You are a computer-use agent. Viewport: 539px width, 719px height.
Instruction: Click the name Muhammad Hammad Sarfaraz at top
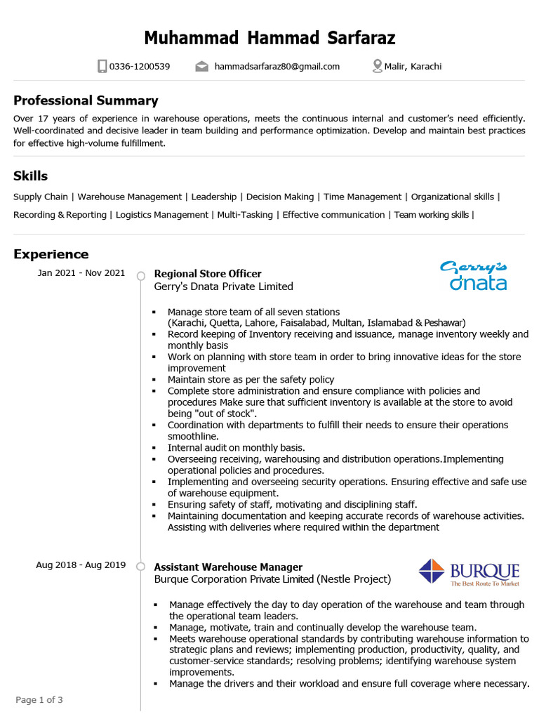269,38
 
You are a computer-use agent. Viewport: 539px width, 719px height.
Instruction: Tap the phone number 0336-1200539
140,67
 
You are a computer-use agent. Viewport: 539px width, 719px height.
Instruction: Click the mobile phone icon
102,67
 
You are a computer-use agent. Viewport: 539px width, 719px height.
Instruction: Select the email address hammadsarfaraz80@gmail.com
277,67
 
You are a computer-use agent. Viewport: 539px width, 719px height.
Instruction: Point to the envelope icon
202,67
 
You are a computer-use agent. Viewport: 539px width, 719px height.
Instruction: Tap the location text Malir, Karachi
413,67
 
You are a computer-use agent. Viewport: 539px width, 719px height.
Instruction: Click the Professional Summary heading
86,100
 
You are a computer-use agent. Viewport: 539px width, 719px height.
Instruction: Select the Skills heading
30,176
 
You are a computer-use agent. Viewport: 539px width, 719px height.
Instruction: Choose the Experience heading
51,254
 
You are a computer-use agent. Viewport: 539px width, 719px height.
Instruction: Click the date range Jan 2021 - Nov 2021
81,273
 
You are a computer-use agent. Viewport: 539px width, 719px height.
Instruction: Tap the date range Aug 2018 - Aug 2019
81,565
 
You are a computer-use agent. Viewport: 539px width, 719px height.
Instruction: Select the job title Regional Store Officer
208,274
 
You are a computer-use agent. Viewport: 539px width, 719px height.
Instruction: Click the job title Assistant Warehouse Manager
228,567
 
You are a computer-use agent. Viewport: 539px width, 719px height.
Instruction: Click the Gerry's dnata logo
474,275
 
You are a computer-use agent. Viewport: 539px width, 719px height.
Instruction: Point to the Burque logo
469,572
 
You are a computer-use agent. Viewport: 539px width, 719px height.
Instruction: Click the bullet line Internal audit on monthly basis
236,447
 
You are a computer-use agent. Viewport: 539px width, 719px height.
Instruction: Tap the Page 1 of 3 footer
39,700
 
